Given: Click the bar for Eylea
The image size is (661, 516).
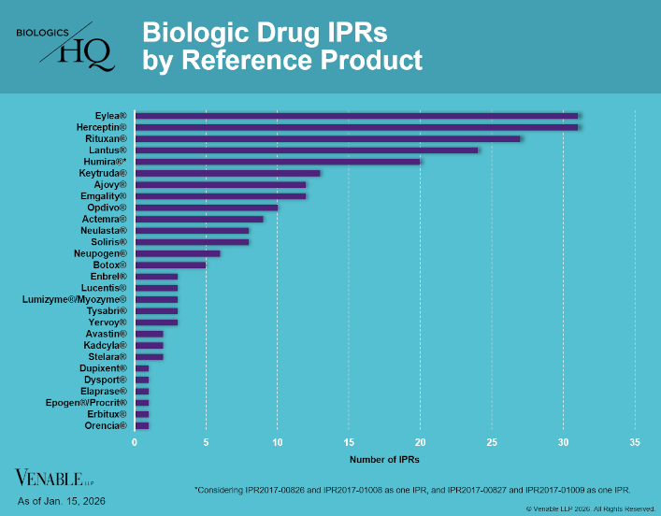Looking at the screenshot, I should click(x=356, y=115).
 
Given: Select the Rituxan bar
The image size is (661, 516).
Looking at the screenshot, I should click(x=327, y=138).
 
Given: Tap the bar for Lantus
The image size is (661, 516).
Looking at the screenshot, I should click(x=306, y=150).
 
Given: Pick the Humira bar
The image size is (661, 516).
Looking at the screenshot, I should click(x=278, y=161).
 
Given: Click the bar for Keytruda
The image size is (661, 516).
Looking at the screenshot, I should click(x=227, y=173).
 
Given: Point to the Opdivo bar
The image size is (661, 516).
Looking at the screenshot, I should click(x=206, y=208).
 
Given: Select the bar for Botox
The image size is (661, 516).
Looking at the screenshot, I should click(x=170, y=265).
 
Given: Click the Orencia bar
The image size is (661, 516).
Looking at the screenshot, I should click(x=141, y=425).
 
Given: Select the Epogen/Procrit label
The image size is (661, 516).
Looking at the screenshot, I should click(x=85, y=403).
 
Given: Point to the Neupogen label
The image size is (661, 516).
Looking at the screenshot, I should click(x=100, y=253).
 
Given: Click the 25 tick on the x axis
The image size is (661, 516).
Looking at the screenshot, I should click(x=492, y=441).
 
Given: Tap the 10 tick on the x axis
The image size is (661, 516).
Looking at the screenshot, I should click(x=278, y=441).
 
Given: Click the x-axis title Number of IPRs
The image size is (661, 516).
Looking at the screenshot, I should click(x=384, y=460).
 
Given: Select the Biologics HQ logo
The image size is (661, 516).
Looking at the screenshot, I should click(x=65, y=46).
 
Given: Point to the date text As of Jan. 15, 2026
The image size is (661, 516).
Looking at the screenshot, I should click(x=62, y=502).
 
